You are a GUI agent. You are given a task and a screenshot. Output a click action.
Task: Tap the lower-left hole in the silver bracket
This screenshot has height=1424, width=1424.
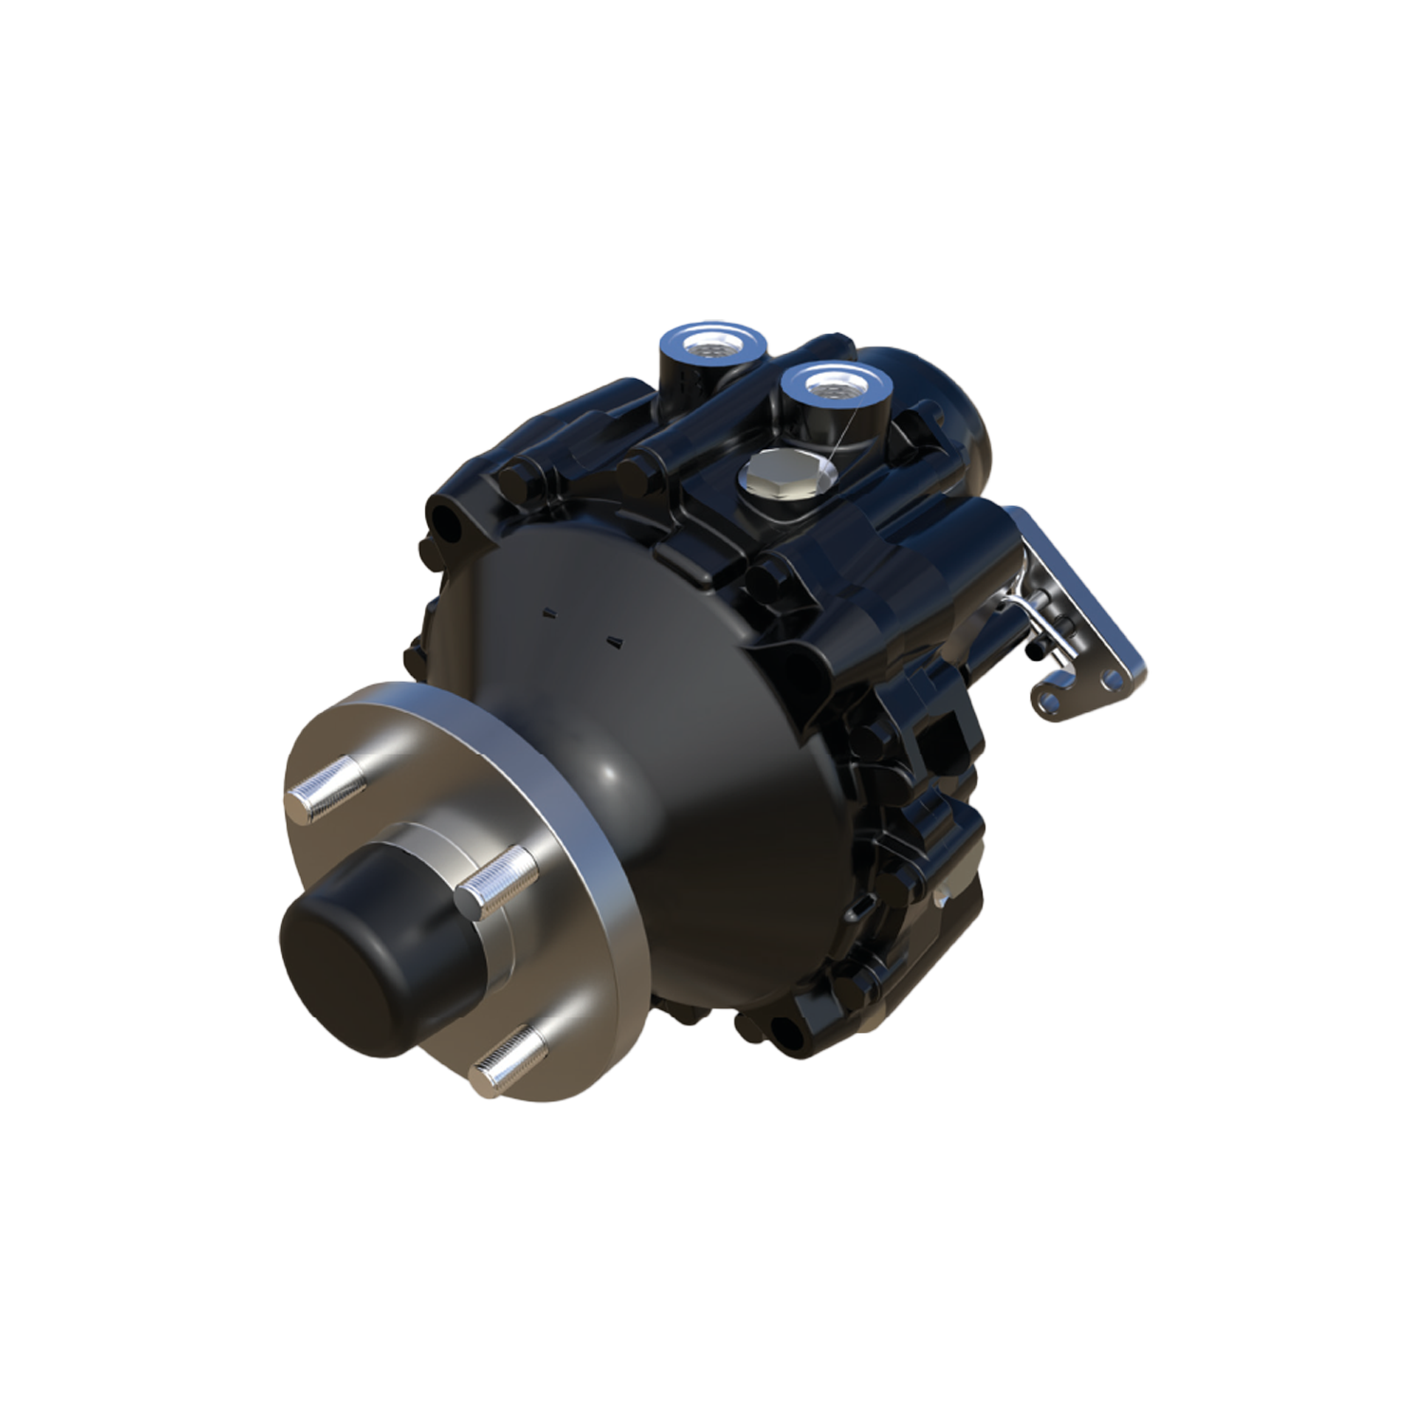1049,700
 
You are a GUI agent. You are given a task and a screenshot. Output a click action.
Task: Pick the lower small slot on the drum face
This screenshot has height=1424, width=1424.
613,641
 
